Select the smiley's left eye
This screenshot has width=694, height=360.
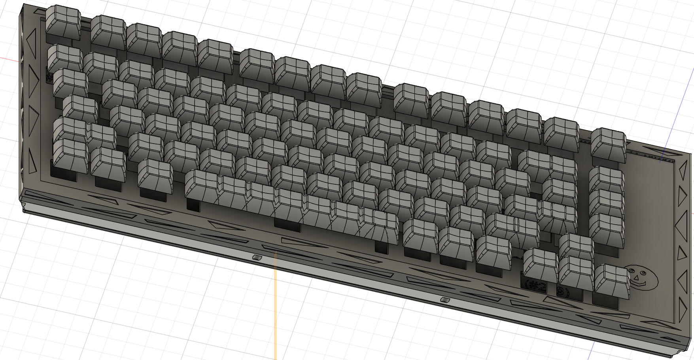click(632, 271)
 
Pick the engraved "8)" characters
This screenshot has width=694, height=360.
click(563, 292)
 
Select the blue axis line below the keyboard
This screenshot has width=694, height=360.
click(592, 350)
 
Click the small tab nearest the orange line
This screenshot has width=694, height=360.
click(257, 258)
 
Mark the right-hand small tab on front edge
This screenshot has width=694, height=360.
click(444, 299)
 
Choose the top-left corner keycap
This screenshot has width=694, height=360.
click(63, 20)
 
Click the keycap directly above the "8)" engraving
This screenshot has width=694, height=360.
click(576, 271)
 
